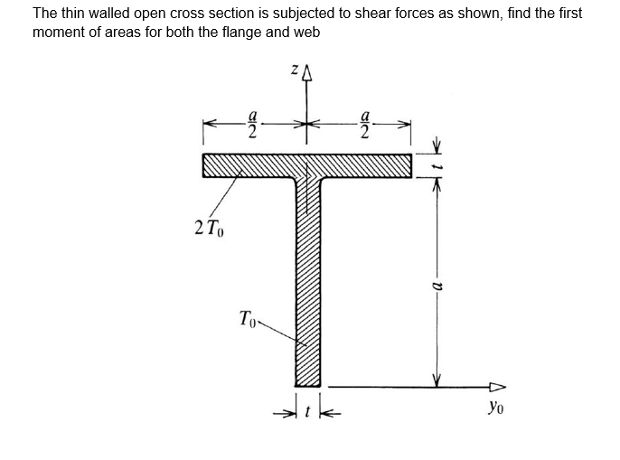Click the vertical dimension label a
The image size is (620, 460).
[436, 285]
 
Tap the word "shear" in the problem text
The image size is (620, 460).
[386, 14]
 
